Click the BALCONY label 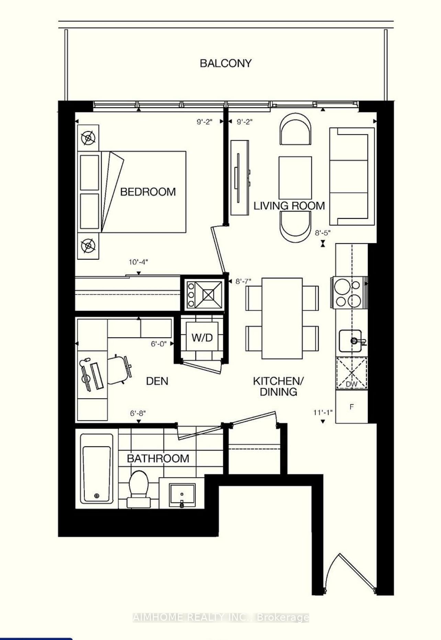(226, 63)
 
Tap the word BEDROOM (148, 192)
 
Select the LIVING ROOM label (289, 206)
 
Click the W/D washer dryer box (202, 337)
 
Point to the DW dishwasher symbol (351, 374)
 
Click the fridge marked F (351, 407)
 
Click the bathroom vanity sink (182, 494)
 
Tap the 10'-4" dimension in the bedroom (138, 262)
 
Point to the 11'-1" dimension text (323, 412)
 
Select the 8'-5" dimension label (323, 233)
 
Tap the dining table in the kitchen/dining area (282, 318)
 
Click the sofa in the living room (351, 176)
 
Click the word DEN (157, 381)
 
